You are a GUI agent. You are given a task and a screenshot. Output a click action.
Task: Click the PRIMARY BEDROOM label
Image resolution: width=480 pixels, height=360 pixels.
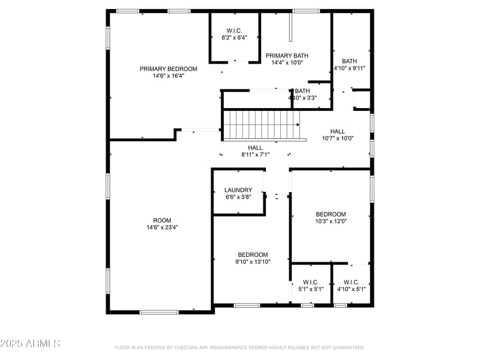point(168,69)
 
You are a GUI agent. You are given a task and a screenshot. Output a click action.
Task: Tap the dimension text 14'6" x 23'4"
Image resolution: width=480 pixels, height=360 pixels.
point(162,227)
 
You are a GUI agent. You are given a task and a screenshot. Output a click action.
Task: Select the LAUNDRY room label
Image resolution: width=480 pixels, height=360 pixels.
point(238,190)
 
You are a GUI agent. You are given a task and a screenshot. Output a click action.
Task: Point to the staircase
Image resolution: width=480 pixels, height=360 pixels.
point(262,124)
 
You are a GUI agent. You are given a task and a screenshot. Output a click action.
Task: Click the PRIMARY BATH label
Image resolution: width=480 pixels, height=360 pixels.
point(287,55)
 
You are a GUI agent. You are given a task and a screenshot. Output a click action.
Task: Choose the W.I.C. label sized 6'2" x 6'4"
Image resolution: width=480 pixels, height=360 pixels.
point(234,31)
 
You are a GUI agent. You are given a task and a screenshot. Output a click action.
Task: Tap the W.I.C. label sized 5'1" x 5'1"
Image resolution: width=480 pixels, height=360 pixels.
point(311,282)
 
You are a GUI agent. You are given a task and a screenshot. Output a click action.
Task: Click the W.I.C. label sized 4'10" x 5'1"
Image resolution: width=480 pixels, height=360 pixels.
point(351,282)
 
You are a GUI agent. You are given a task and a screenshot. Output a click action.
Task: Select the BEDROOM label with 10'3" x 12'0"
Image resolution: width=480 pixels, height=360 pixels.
point(331,214)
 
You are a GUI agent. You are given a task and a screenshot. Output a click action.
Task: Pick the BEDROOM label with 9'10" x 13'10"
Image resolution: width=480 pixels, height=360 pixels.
point(253,254)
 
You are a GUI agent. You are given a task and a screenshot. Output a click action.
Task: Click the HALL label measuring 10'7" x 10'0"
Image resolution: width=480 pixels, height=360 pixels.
point(338,131)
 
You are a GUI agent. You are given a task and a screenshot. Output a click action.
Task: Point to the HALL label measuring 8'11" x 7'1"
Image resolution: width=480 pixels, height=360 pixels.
point(255,148)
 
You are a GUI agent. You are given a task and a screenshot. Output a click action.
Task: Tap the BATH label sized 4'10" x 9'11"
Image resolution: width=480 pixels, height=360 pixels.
point(349,61)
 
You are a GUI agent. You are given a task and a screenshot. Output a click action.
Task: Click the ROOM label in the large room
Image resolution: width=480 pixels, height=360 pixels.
point(162,220)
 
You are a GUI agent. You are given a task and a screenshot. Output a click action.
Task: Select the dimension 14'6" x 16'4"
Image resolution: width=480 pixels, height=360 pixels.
point(168,76)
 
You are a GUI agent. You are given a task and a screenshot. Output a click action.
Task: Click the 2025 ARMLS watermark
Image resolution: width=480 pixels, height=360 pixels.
point(30,344)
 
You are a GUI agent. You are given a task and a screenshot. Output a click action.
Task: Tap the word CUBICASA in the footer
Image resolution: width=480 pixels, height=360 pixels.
point(193,347)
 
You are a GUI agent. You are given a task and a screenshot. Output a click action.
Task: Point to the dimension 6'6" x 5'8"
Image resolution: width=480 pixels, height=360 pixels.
point(238,197)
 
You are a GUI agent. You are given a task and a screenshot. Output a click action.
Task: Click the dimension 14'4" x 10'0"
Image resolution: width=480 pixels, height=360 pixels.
point(287,62)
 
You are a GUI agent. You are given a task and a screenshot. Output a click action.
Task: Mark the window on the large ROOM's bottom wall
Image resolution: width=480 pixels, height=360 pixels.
point(159,311)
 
